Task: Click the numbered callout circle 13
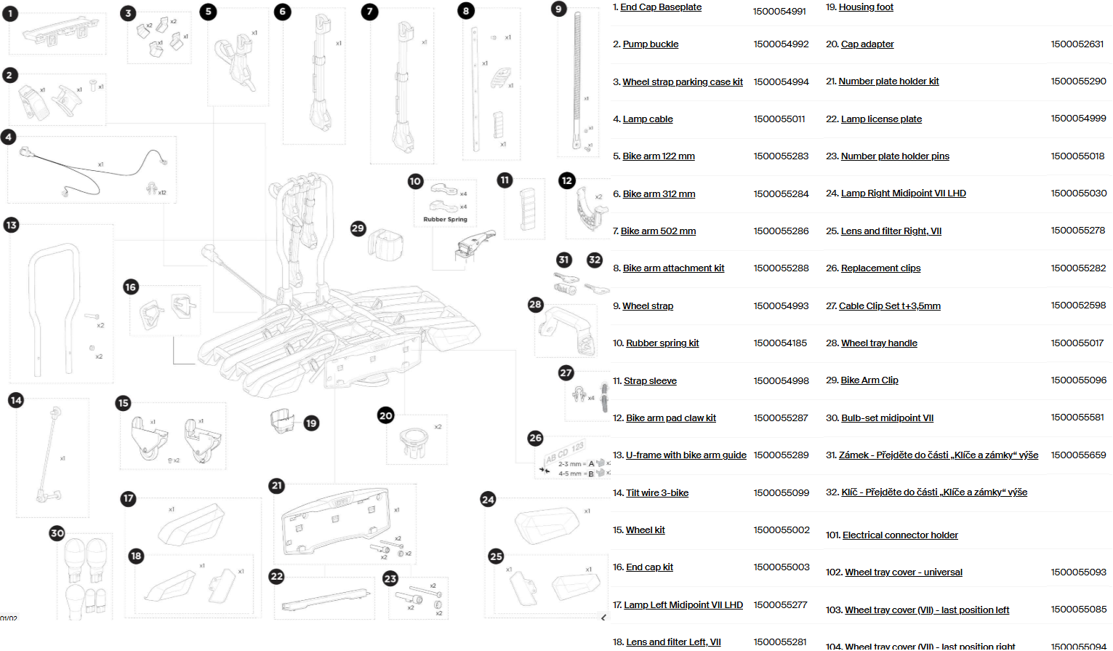[11, 225]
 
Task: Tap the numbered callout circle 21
[276, 486]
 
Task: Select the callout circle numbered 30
[57, 533]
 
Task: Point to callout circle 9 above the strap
[558, 9]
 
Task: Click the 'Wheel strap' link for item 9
[648, 306]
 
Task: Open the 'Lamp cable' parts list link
[648, 119]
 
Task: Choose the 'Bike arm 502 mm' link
[658, 231]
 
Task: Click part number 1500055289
[781, 455]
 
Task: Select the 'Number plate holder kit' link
[888, 81]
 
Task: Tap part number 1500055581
[1077, 418]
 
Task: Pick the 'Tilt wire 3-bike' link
[657, 493]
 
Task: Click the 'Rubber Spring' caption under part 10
[445, 219]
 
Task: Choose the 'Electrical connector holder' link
[900, 535]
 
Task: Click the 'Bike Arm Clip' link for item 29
[869, 380]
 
